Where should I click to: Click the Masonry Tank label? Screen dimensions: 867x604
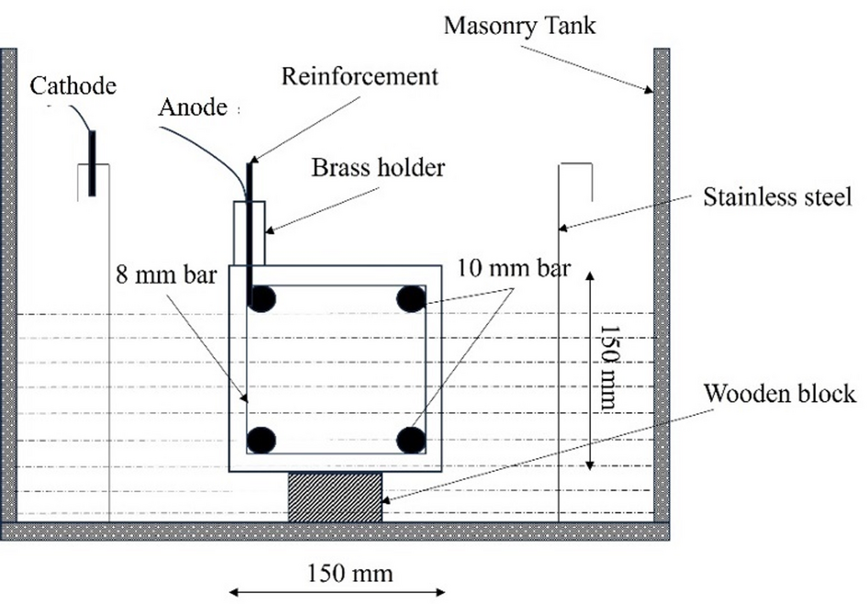point(520,26)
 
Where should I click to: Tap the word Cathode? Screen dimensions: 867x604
point(73,85)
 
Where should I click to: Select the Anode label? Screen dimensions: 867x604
point(193,107)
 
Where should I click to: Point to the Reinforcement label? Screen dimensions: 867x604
point(360,76)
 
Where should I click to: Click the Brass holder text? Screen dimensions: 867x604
point(378,168)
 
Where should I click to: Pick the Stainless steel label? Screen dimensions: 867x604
point(777,197)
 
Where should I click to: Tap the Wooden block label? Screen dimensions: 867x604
point(780,394)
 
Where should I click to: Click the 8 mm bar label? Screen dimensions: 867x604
point(166,274)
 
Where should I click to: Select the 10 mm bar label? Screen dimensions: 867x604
point(514,268)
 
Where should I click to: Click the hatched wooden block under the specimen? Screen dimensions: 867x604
point(335,497)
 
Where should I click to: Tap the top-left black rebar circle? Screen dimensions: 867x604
point(261,299)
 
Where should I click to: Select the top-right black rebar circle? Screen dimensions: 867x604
point(411,298)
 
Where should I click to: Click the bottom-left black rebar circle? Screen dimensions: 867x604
point(261,441)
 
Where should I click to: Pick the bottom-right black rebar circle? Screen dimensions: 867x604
point(411,441)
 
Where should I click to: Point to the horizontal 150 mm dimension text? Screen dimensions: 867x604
point(350,573)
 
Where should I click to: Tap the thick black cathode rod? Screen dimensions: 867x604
point(93,163)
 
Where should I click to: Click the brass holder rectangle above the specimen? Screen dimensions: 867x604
point(250,233)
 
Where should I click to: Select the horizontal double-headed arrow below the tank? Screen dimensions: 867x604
point(337,593)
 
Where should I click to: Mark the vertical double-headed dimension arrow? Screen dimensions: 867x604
point(590,371)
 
